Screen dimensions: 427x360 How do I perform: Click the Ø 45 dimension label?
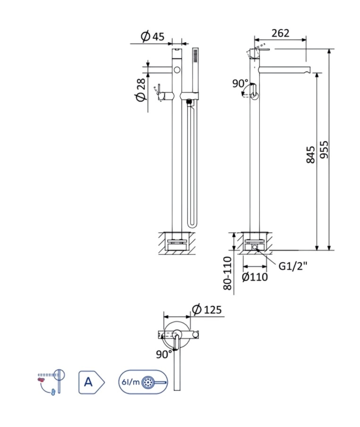(152, 36)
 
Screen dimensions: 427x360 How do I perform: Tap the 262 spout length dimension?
(280, 33)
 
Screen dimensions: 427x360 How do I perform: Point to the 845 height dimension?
(311, 154)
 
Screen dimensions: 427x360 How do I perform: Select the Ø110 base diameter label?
(255, 277)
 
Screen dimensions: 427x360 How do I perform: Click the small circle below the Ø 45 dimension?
(177, 70)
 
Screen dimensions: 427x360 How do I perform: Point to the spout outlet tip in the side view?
(308, 71)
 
